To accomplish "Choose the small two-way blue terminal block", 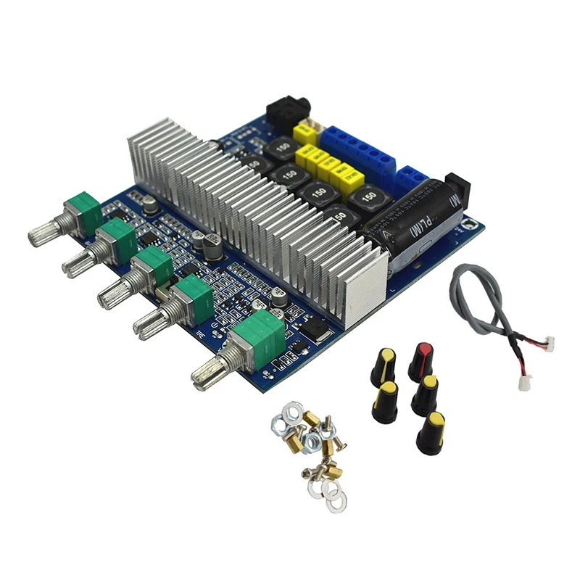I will point(414,178).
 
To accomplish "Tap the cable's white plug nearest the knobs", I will point(524,381).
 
